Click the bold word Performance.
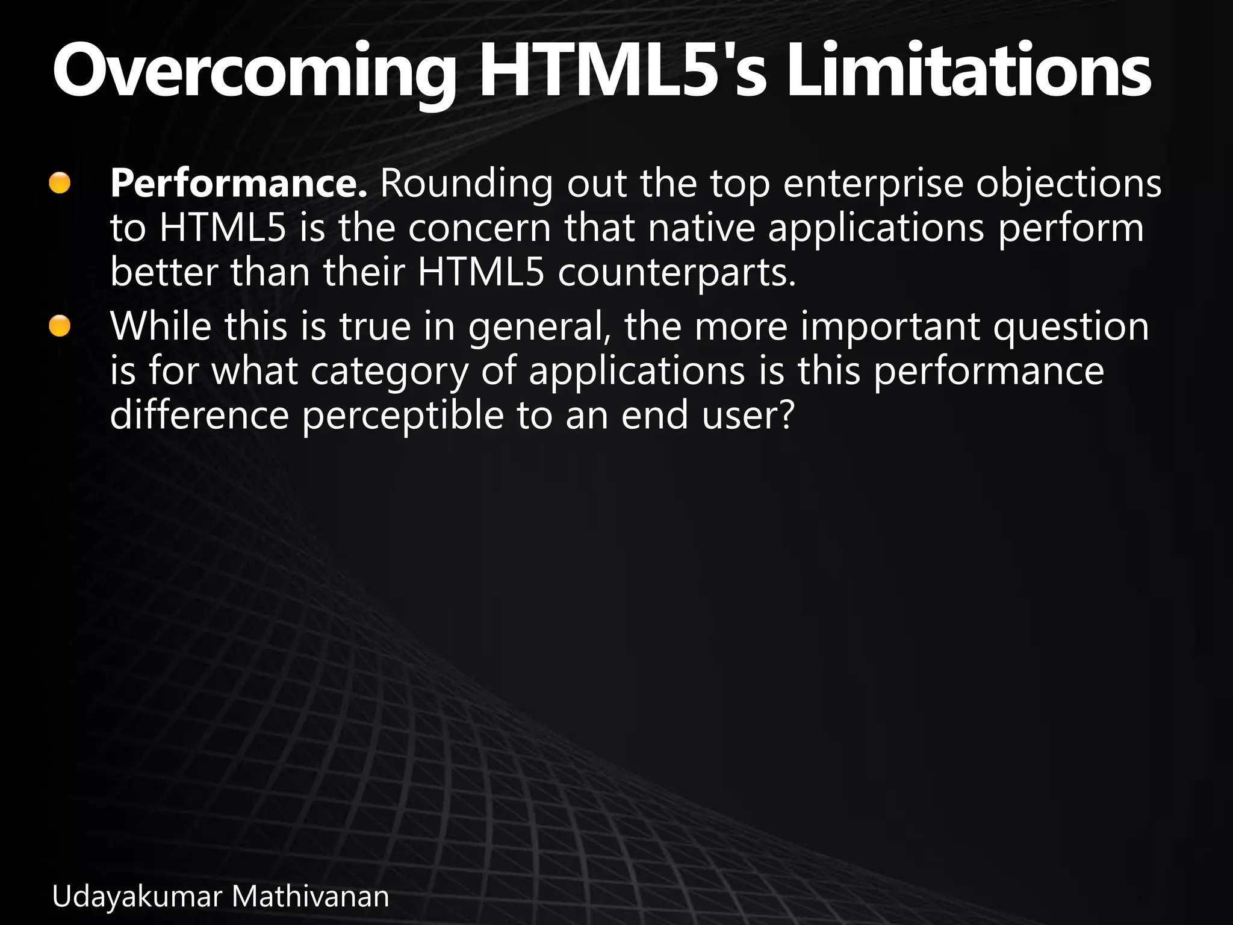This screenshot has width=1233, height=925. (x=238, y=184)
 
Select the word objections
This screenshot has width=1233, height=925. (x=1068, y=184)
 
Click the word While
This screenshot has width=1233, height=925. (x=161, y=326)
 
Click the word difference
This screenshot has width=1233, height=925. (x=199, y=416)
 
